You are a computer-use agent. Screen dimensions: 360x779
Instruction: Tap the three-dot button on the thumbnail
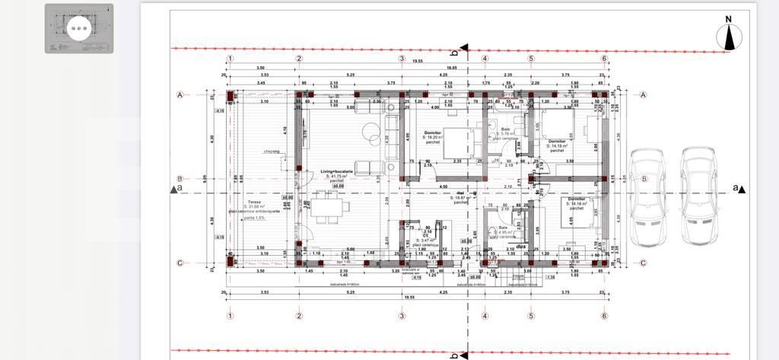(x=79, y=30)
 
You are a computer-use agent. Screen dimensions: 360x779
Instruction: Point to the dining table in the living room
(x=329, y=206)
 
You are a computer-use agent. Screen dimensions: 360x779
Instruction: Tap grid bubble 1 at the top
(x=231, y=59)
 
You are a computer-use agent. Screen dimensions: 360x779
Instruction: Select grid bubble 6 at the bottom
(x=604, y=315)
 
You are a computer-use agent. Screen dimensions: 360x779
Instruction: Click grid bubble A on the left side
(x=180, y=95)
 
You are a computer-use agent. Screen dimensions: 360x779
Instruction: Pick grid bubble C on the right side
(x=644, y=263)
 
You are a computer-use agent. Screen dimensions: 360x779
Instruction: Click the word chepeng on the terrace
(x=272, y=151)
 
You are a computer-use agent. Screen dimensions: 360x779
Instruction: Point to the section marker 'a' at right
(x=736, y=187)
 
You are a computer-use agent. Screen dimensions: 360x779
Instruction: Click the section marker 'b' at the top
(x=455, y=53)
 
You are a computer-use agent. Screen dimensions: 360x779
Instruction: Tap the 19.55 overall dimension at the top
(x=418, y=61)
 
